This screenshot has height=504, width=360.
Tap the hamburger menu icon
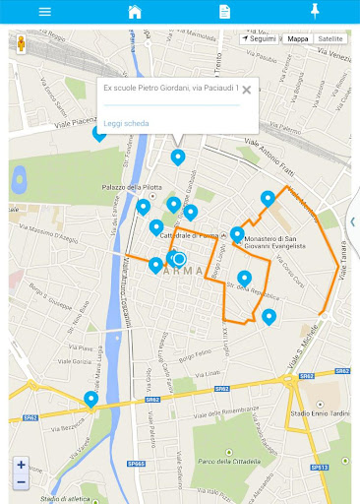[x=44, y=12]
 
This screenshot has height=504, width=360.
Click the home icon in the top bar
[x=135, y=12]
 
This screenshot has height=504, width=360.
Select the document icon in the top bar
[x=224, y=12]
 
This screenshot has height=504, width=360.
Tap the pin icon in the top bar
[x=315, y=11]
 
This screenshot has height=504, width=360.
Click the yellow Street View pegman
[x=21, y=44]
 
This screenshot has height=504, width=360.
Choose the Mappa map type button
[x=297, y=38]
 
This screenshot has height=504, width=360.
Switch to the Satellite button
[x=330, y=38]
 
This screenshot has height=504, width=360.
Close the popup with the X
[x=247, y=90]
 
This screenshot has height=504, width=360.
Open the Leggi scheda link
[x=126, y=123]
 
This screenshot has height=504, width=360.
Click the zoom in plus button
[x=21, y=465]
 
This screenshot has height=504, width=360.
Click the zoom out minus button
[x=21, y=481]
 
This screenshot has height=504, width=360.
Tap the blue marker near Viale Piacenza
[x=99, y=131]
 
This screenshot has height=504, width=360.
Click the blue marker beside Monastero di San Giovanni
[x=237, y=233]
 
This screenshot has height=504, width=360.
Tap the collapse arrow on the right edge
[x=353, y=221]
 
